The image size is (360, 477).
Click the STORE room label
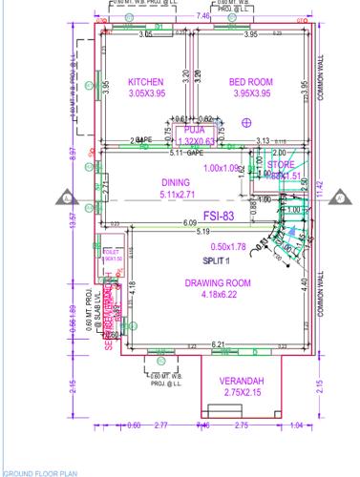282,166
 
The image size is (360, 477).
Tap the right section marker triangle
339,198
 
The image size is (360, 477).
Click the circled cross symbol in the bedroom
246,122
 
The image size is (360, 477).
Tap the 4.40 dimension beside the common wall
305,283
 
